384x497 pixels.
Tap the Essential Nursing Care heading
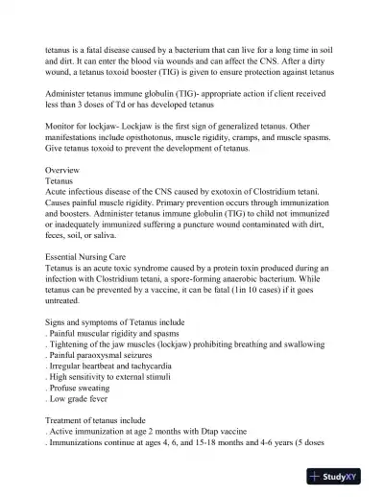(94, 257)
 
